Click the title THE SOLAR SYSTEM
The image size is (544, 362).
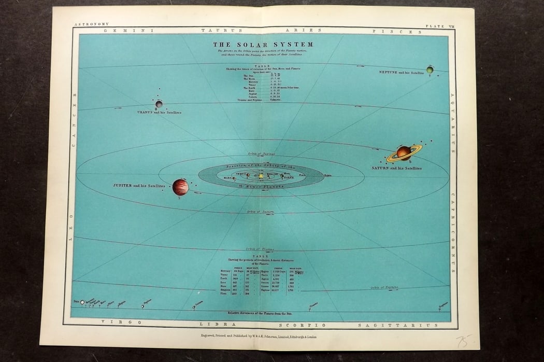point(264,45)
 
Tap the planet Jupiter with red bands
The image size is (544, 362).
point(180,187)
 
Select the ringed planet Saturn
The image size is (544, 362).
point(404,152)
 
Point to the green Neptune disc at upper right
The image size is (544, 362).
point(430,69)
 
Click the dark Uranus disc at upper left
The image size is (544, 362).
point(159,104)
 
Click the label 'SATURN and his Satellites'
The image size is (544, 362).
point(396,168)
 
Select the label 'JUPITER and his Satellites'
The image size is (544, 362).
point(139,185)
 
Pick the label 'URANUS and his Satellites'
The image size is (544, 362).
point(159,112)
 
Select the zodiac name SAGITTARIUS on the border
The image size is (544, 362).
point(398,325)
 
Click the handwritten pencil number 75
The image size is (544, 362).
point(463,341)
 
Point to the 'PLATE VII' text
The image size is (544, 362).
point(439,25)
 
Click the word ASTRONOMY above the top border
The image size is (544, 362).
point(92,24)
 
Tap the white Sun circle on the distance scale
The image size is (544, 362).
point(82,302)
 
